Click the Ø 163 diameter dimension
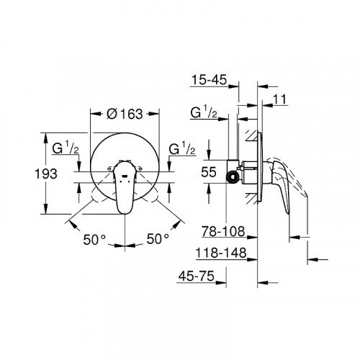pyautogui.click(x=125, y=113)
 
